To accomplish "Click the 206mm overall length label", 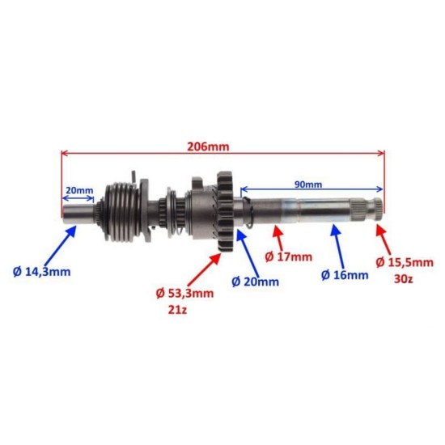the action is point(208,146).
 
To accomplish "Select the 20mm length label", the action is point(79,190).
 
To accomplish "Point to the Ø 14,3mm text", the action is point(42,272).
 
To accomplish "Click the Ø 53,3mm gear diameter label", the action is point(184,293).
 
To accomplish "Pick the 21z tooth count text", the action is point(177,310).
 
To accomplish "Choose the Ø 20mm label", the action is point(255,282).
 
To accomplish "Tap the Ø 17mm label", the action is point(288,257).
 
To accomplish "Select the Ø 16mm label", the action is point(345,275).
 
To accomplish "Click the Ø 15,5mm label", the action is point(405,262).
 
